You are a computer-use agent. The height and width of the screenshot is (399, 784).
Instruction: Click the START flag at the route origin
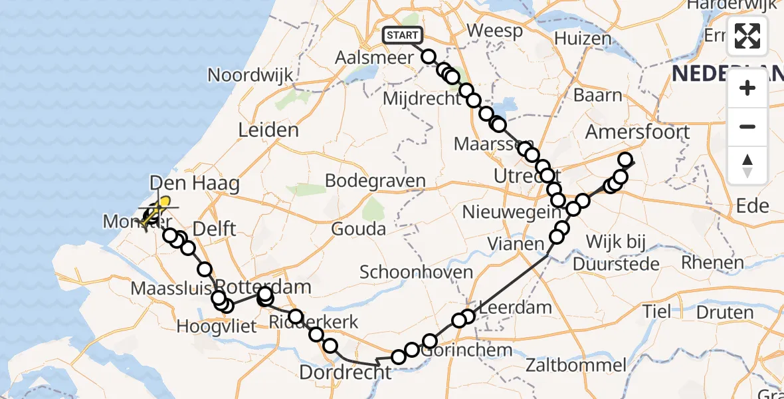point(402,35)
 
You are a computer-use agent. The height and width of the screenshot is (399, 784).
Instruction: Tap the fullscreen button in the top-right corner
point(747,36)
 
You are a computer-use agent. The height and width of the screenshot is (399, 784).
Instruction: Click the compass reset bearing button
point(747,164)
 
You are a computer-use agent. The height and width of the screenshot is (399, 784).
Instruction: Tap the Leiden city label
point(268,130)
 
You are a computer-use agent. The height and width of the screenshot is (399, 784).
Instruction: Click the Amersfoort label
point(637,132)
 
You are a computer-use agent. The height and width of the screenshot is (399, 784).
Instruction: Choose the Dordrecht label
point(345,372)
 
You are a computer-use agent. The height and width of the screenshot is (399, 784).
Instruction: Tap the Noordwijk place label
point(250,74)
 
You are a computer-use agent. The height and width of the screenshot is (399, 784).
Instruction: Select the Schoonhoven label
point(417,272)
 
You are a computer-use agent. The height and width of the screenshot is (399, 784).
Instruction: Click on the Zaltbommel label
point(575,364)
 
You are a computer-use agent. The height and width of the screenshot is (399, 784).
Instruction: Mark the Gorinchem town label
point(469,350)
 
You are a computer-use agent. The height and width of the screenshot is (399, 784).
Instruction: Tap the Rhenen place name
point(712,263)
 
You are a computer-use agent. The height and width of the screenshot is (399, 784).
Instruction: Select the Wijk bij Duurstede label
point(615,252)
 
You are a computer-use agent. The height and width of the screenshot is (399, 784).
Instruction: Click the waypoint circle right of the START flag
point(429,57)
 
